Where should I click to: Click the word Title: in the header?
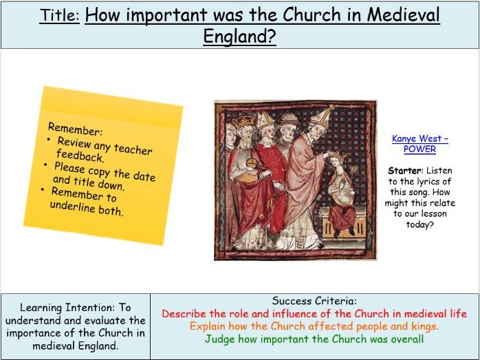(59, 15)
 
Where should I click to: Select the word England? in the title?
(239, 36)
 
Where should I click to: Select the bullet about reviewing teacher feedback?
(102, 149)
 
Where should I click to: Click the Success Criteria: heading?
(314, 301)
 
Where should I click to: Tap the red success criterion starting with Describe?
(314, 313)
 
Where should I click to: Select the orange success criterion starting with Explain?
(314, 326)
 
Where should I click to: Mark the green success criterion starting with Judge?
(314, 339)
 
